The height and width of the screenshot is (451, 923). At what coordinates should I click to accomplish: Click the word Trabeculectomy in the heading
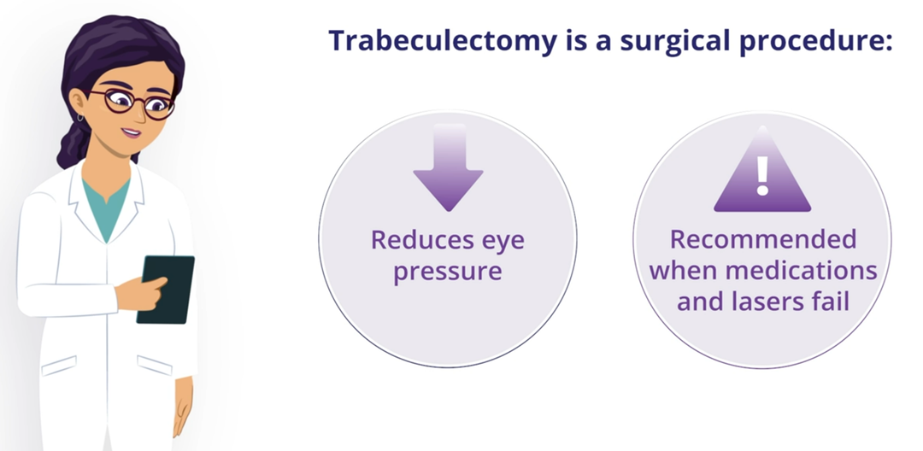[442, 40]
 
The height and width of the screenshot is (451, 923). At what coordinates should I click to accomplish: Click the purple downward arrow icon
[448, 167]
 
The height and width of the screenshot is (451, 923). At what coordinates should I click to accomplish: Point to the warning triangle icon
[762, 171]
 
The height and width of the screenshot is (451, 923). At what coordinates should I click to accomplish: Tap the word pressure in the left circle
[447, 272]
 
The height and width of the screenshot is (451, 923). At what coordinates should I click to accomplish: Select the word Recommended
[763, 239]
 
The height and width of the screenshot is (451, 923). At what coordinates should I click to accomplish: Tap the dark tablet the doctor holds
[166, 290]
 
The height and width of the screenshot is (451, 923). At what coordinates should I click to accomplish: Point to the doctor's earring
[80, 117]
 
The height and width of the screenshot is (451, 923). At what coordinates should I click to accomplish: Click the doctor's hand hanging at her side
[184, 406]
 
